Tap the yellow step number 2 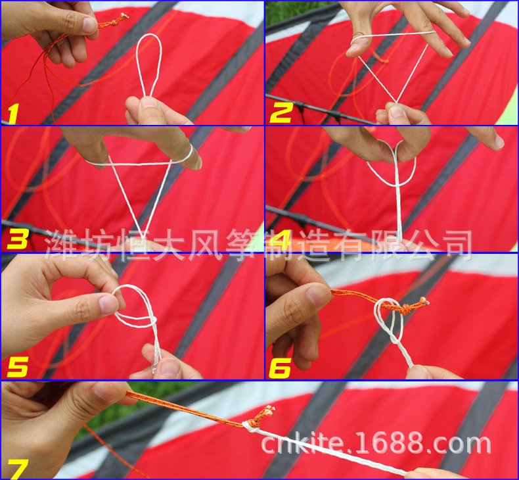pyautogui.click(x=281, y=113)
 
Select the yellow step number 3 pyautogui.click(x=16, y=239)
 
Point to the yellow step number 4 pyautogui.click(x=281, y=239)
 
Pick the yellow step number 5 pyautogui.click(x=16, y=367)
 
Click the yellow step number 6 pyautogui.click(x=280, y=367)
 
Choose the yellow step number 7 pyautogui.click(x=18, y=468)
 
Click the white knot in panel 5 pyautogui.click(x=152, y=320)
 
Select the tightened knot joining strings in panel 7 pyautogui.click(x=250, y=425)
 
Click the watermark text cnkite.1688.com pyautogui.click(x=376, y=444)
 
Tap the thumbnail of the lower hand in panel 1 pyautogui.click(x=149, y=103)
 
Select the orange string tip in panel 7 pyautogui.click(x=270, y=409)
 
